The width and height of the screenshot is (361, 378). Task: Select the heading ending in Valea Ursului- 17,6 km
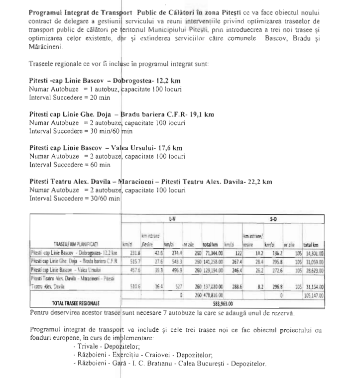pos(106,148)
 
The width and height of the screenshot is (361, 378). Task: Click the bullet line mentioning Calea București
pos(170,363)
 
